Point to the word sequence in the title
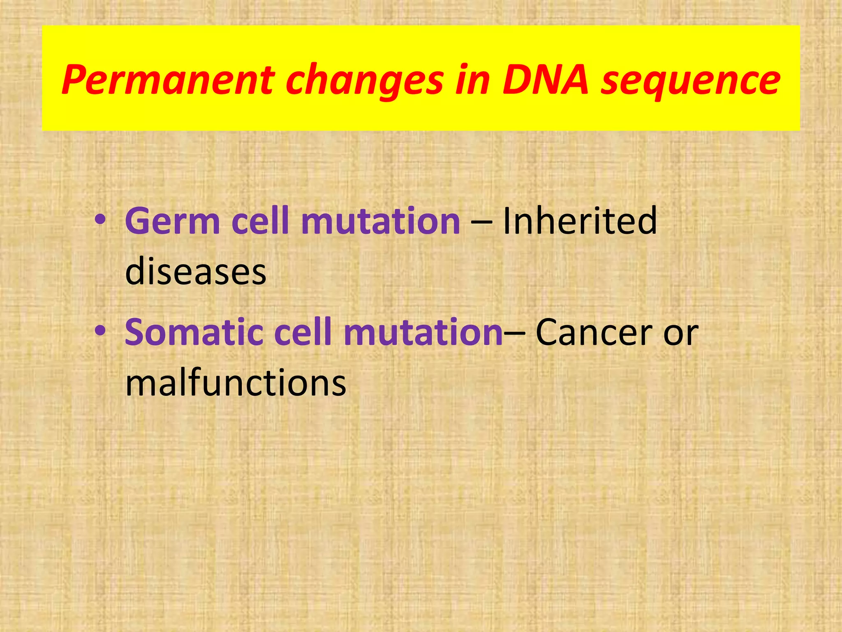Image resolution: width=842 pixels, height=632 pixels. click(690, 80)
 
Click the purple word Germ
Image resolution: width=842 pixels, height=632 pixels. click(172, 221)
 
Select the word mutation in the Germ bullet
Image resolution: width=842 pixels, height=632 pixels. click(380, 221)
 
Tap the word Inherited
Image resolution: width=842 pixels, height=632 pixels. click(580, 221)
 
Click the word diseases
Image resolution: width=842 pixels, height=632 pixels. click(196, 272)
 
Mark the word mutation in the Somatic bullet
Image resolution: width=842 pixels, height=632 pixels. click(423, 332)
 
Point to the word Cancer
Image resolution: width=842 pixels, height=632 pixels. click(594, 332)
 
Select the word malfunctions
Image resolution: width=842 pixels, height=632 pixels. click(236, 383)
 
